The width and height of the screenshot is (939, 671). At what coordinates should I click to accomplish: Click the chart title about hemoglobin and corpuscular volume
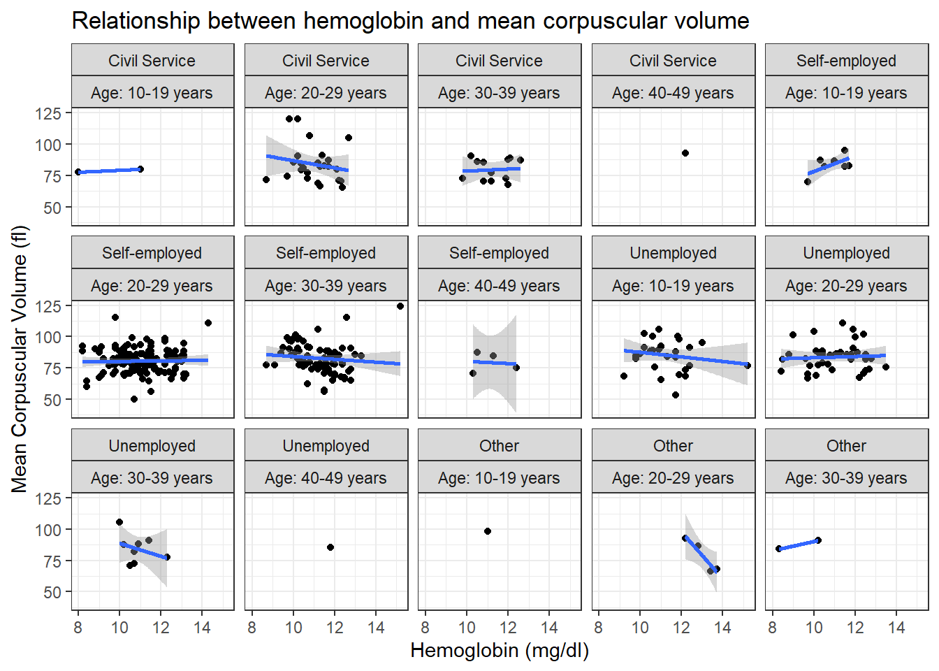click(410, 20)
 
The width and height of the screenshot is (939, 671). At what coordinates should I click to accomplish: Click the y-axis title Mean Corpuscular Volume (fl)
click(20, 359)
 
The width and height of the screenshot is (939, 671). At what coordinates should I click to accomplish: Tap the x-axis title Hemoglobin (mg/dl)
click(500, 651)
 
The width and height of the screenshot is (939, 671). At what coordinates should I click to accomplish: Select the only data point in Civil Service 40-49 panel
click(685, 153)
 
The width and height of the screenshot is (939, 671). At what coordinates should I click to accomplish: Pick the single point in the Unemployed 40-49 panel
click(330, 547)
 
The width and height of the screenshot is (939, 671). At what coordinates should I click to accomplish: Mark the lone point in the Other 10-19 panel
click(488, 531)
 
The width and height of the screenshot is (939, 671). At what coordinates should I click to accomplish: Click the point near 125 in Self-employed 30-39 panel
click(400, 306)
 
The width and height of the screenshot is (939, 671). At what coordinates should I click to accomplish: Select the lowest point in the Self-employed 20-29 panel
click(134, 399)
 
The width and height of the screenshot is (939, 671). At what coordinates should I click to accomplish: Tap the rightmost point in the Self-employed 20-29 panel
click(208, 323)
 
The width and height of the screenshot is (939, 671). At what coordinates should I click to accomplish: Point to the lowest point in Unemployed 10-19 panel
click(676, 395)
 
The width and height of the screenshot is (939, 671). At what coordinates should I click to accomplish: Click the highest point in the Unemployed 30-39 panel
click(119, 522)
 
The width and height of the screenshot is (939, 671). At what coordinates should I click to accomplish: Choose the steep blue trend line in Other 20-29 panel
click(701, 554)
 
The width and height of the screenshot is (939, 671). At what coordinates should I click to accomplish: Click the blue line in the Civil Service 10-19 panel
click(110, 171)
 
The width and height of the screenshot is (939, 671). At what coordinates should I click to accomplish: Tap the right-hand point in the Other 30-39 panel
click(818, 540)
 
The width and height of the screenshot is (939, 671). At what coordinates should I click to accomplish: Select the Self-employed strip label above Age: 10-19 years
click(846, 61)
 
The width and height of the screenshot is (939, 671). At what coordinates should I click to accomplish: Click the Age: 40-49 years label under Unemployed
click(326, 478)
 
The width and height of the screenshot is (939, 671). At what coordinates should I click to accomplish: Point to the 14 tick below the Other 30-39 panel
click(896, 628)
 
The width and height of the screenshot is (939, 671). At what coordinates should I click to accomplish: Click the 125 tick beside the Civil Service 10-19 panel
click(48, 114)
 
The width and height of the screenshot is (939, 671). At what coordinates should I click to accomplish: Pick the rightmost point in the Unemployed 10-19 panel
click(748, 366)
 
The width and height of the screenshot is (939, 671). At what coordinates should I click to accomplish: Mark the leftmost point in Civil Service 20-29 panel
click(266, 180)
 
